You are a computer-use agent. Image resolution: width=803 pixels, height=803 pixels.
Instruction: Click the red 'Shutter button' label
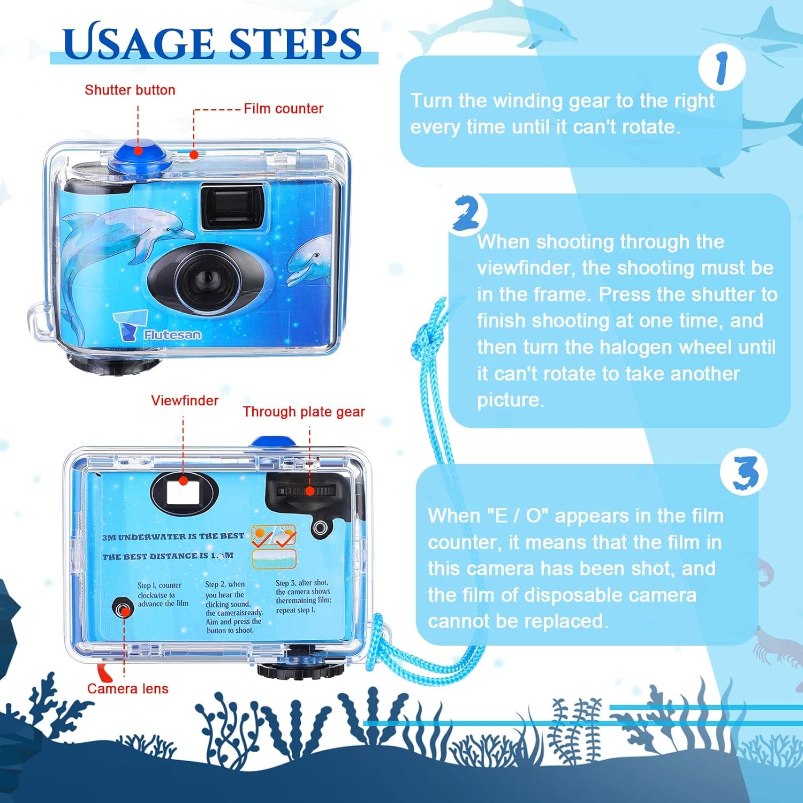pos(130,90)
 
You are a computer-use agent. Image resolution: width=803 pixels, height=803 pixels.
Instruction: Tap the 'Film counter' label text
pos(283,109)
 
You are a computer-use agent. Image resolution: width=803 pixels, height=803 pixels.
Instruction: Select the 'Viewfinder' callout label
pos(185,400)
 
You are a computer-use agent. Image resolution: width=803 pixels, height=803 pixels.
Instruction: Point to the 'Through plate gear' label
pos(304,412)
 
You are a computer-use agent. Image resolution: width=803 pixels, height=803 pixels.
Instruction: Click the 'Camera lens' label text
pos(128,688)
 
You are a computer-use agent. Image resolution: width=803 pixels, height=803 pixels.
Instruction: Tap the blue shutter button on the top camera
pos(141,157)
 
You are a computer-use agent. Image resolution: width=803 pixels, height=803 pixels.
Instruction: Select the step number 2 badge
pos(466,215)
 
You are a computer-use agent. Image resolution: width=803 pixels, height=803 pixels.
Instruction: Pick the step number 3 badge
pos(744,472)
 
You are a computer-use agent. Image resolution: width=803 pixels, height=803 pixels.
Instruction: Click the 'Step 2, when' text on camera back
pos(225,584)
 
